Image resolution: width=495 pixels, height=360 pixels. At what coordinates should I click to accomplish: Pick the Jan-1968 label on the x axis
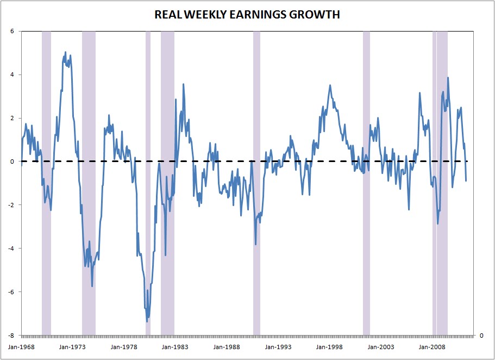point(21,346)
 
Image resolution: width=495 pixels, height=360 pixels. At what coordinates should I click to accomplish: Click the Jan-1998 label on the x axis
point(330,346)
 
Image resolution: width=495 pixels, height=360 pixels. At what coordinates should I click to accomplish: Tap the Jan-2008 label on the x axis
point(433,346)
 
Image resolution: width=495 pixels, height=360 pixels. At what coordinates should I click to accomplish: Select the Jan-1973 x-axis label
point(72,346)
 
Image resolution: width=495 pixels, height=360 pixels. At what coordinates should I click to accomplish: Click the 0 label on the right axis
point(480,336)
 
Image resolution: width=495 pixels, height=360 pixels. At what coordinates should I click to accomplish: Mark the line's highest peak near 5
point(66,52)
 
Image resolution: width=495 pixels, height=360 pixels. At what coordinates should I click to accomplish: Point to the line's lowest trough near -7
point(147,321)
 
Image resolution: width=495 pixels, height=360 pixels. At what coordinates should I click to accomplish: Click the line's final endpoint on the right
point(466,181)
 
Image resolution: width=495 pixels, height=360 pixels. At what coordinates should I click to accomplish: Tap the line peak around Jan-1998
point(330,85)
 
